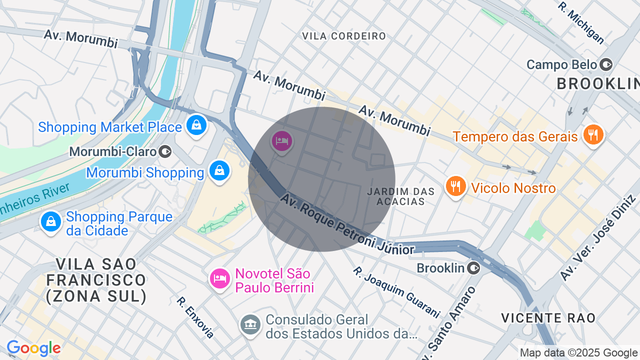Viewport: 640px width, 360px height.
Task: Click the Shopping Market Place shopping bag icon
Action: (x=196, y=125)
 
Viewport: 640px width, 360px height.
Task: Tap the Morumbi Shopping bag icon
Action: (x=219, y=170)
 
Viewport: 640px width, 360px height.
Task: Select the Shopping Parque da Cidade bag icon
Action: (x=50, y=221)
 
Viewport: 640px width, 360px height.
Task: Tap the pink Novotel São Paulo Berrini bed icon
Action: (x=219, y=278)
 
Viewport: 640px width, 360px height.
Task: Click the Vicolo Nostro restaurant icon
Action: (x=455, y=186)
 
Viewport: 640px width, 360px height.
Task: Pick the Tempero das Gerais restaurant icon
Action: (x=593, y=134)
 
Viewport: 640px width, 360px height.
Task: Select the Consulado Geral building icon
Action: (x=250, y=324)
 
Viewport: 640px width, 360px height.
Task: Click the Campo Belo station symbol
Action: (x=606, y=64)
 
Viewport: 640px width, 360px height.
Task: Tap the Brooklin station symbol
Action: (x=473, y=268)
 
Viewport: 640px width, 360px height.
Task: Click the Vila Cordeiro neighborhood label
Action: (x=344, y=36)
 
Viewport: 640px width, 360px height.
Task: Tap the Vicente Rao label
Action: (x=548, y=318)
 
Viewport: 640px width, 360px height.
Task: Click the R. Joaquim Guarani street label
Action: (x=396, y=292)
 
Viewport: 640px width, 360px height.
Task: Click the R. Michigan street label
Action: (x=581, y=23)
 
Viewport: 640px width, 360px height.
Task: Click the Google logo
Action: (x=33, y=348)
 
